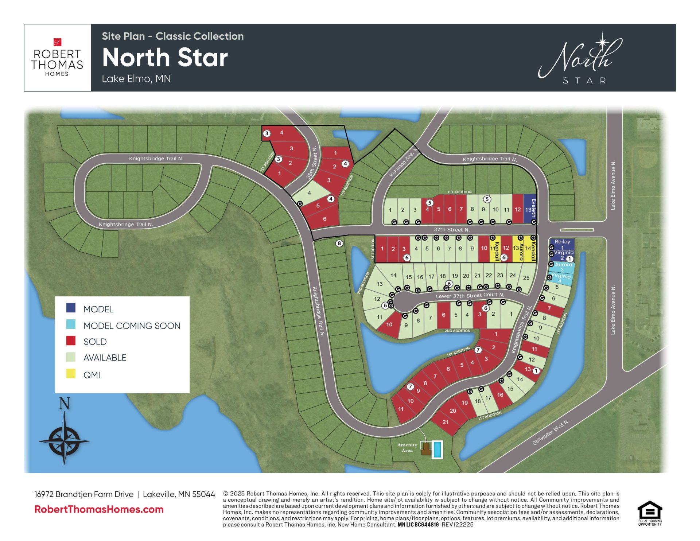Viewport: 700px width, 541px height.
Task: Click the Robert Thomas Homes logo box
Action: click(57, 58)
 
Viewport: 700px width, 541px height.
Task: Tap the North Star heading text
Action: click(165, 58)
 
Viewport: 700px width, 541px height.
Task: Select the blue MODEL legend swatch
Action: click(71, 308)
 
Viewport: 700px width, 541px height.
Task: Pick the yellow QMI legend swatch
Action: click(71, 374)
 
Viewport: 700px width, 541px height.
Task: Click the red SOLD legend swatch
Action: click(71, 340)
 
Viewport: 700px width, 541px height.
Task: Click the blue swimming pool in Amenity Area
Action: click(437, 449)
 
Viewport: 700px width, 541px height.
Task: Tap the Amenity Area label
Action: click(407, 447)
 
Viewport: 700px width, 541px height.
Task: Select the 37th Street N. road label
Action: click(452, 230)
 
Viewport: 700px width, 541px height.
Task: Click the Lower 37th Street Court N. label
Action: click(470, 295)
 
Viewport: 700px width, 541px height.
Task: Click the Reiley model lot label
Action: click(562, 242)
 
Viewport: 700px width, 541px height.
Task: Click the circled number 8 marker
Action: click(339, 243)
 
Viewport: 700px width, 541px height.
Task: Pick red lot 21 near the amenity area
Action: click(446, 422)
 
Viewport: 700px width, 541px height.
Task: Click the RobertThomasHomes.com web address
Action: click(99, 509)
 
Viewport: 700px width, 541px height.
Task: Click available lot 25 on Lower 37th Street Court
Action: click(526, 278)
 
